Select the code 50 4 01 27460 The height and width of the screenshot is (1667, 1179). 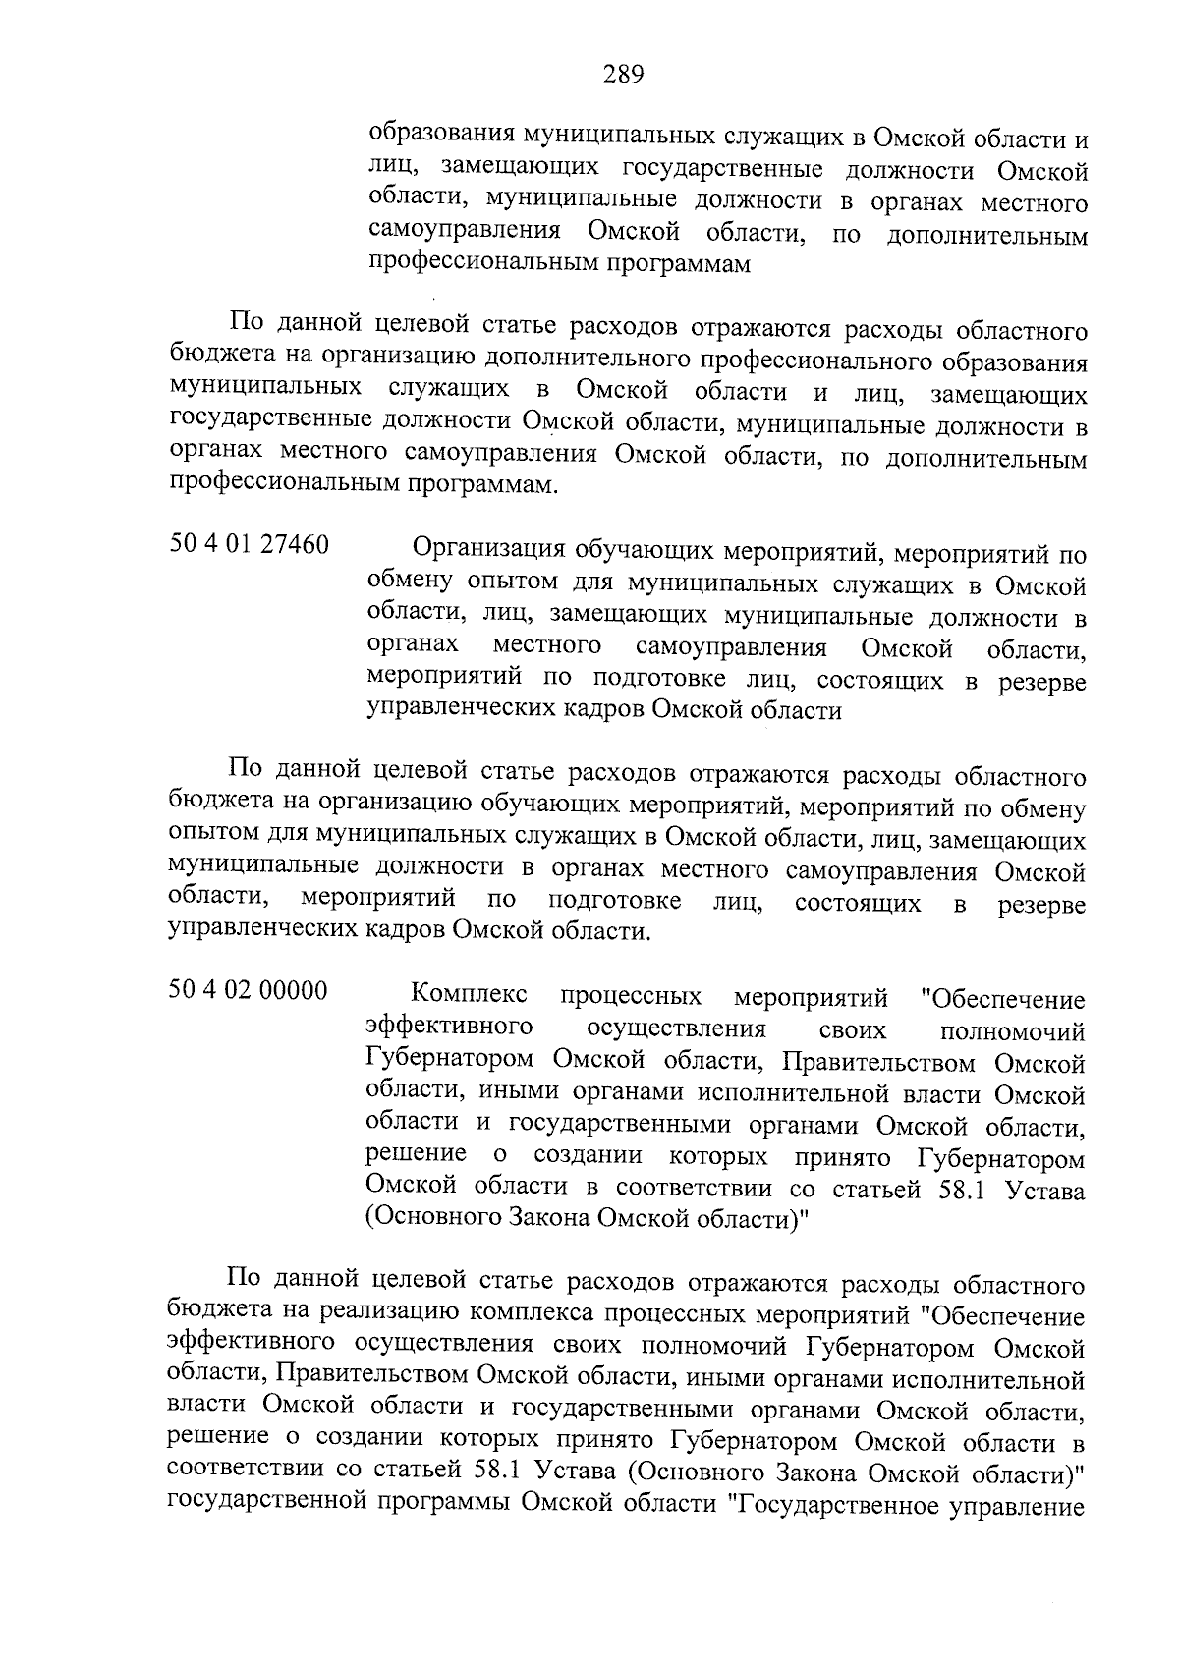[x=249, y=545]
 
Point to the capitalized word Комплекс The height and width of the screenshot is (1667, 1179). [x=468, y=996]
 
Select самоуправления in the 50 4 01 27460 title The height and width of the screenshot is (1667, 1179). [x=731, y=648]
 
